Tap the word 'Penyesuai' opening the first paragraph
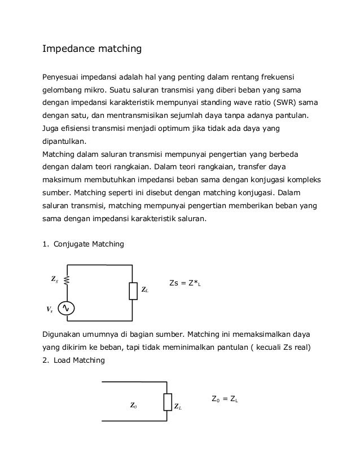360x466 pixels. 62,76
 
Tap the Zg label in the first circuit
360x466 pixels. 55,279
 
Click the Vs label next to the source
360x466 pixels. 50,310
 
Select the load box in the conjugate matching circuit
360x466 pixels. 133,291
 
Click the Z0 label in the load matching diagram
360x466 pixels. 134,406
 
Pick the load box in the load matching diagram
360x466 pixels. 167,402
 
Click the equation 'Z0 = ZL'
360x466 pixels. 224,399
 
